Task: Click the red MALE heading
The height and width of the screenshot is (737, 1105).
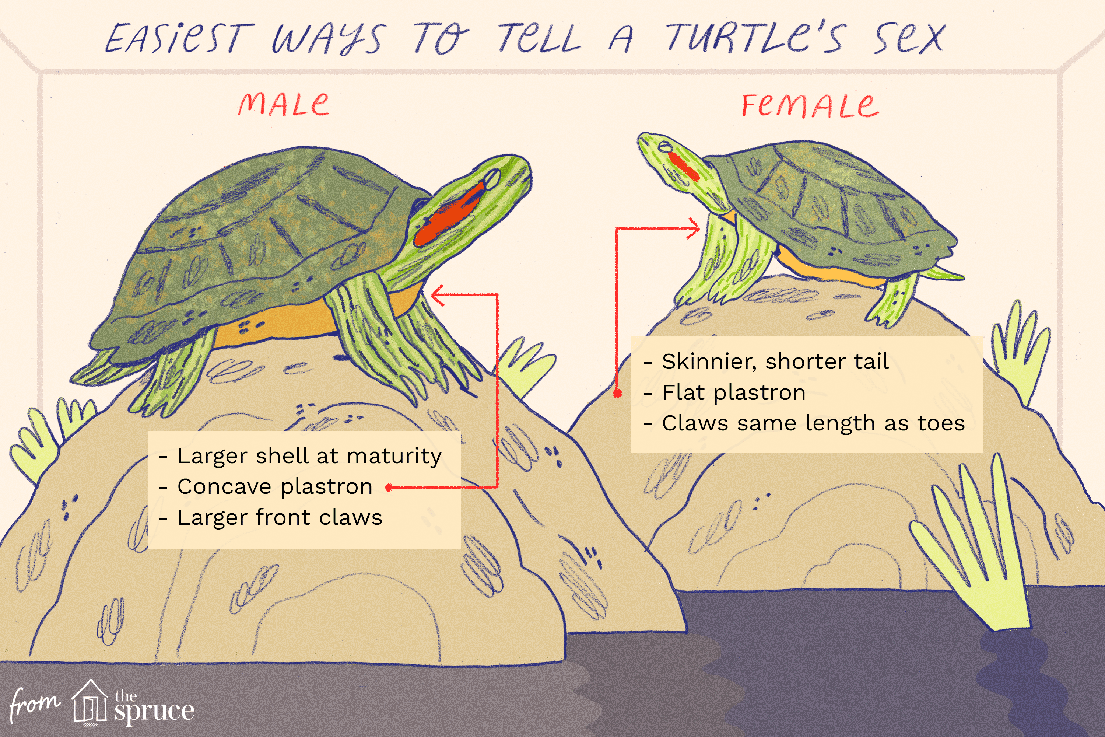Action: tap(283, 104)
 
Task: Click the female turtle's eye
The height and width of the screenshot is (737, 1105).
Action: tap(665, 147)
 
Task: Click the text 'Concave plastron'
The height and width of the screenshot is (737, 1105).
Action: tap(275, 486)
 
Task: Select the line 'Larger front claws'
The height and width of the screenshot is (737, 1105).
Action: tap(280, 517)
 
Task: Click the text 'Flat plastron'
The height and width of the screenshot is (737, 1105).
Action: tap(733, 392)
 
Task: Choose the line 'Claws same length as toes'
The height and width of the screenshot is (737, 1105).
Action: tap(813, 423)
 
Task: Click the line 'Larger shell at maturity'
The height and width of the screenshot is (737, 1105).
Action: tap(309, 456)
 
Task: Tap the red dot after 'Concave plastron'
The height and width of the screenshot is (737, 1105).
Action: tap(389, 488)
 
